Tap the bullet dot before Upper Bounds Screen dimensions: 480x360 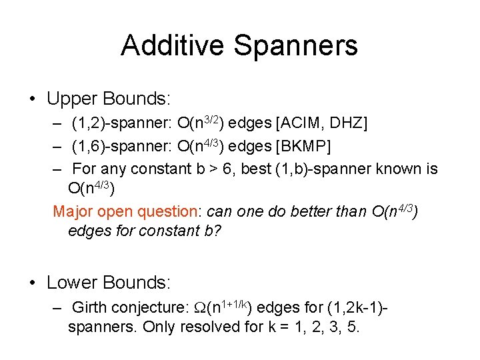tap(32, 100)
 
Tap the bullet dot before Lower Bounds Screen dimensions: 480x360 tap(32, 283)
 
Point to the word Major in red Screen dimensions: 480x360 tap(73, 212)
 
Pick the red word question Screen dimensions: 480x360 tap(168, 212)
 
